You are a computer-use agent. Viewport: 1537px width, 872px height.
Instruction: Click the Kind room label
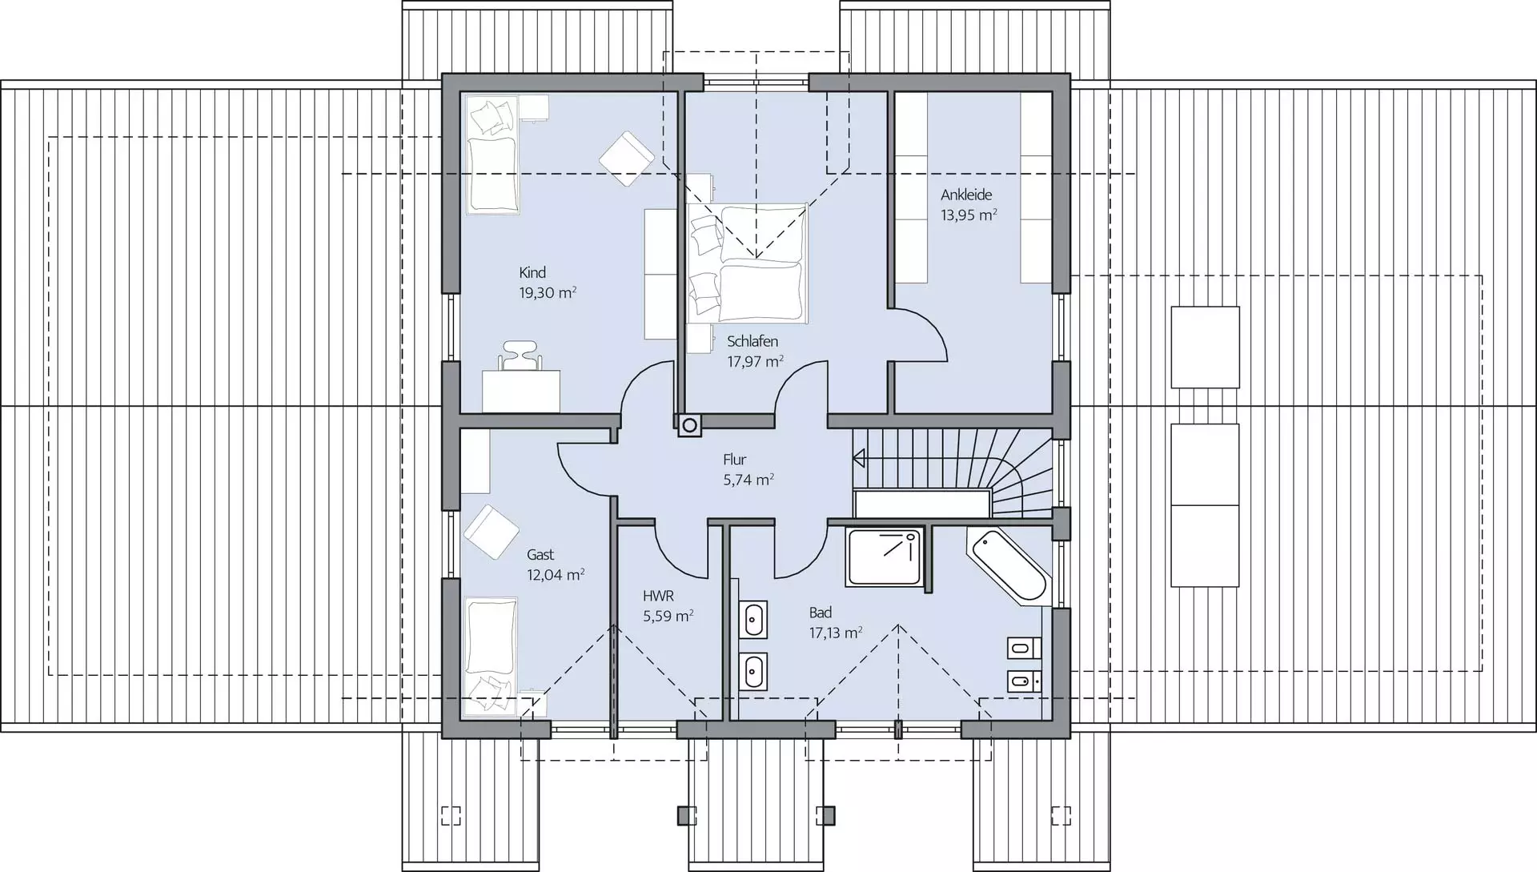(x=532, y=273)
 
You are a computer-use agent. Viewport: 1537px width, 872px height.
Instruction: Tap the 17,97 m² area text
(x=755, y=361)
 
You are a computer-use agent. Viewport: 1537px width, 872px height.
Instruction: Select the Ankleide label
(x=966, y=195)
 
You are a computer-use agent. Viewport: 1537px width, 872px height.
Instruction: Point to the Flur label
(x=734, y=460)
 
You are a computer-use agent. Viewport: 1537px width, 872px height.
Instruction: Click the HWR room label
(x=658, y=596)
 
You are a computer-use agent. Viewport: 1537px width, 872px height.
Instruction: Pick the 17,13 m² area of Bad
(x=835, y=633)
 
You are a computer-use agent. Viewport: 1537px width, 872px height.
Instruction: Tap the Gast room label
(x=540, y=554)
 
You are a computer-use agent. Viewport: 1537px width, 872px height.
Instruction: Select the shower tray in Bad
(x=884, y=556)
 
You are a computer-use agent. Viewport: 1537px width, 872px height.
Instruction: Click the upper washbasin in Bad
(x=753, y=619)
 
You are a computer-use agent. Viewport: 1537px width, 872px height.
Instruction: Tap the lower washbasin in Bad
(x=753, y=672)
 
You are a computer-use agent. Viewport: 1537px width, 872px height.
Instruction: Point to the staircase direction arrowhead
(x=859, y=459)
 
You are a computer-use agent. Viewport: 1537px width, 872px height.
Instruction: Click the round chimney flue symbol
(x=688, y=425)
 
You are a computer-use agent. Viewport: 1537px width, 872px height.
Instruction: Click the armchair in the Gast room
(x=492, y=532)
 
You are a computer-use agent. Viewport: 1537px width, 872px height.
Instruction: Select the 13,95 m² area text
(x=969, y=215)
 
